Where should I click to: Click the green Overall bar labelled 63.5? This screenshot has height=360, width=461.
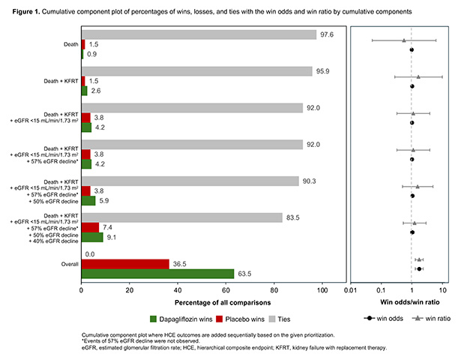(x=157, y=274)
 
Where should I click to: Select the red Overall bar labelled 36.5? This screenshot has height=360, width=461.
(x=125, y=264)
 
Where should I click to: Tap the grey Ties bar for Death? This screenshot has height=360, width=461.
(x=199, y=34)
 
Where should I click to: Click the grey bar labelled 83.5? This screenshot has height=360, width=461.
(x=182, y=217)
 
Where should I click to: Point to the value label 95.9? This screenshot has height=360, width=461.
(x=322, y=71)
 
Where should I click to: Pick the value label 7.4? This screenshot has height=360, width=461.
(x=107, y=227)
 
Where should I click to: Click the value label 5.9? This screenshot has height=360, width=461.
(x=104, y=201)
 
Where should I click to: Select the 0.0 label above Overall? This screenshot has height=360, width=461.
(x=90, y=254)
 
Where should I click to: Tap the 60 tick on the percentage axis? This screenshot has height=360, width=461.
(x=226, y=290)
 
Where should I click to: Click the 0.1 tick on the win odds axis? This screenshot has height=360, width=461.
(x=381, y=290)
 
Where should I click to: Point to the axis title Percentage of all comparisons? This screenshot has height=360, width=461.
(x=223, y=303)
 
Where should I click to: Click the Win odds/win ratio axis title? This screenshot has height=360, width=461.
(x=410, y=302)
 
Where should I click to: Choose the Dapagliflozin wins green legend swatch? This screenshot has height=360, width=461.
(x=153, y=319)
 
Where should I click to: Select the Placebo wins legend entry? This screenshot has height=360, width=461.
(x=240, y=319)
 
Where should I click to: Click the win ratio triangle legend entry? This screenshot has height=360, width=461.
(x=431, y=318)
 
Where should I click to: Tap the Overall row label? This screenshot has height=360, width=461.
(x=70, y=264)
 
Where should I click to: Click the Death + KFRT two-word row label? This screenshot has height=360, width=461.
(x=61, y=81)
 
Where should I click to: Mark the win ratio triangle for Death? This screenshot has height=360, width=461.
(x=404, y=40)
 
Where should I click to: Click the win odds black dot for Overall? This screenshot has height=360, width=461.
(x=419, y=268)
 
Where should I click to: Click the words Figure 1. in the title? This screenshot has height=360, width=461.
(x=26, y=12)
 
